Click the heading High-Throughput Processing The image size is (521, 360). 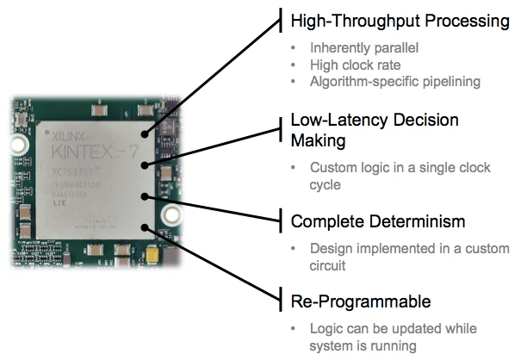click(400, 21)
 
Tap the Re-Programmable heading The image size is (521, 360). click(361, 301)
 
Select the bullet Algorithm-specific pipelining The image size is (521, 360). click(394, 82)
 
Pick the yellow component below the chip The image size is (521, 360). click(155, 256)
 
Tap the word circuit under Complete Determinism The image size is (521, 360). click(329, 266)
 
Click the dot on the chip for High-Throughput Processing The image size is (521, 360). click(146, 134)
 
